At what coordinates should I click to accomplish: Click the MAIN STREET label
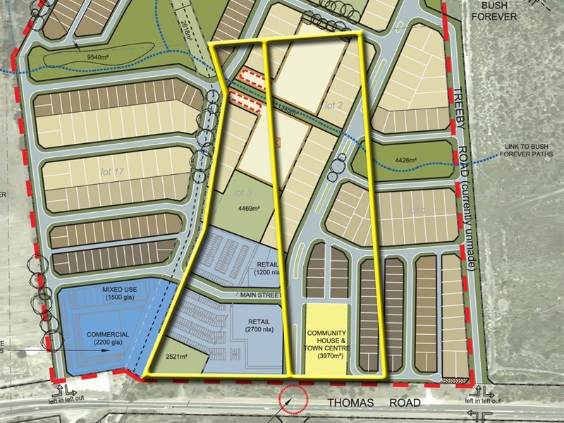(x=262, y=295)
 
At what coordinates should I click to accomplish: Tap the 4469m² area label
(x=249, y=209)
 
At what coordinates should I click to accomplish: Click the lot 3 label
(x=243, y=192)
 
